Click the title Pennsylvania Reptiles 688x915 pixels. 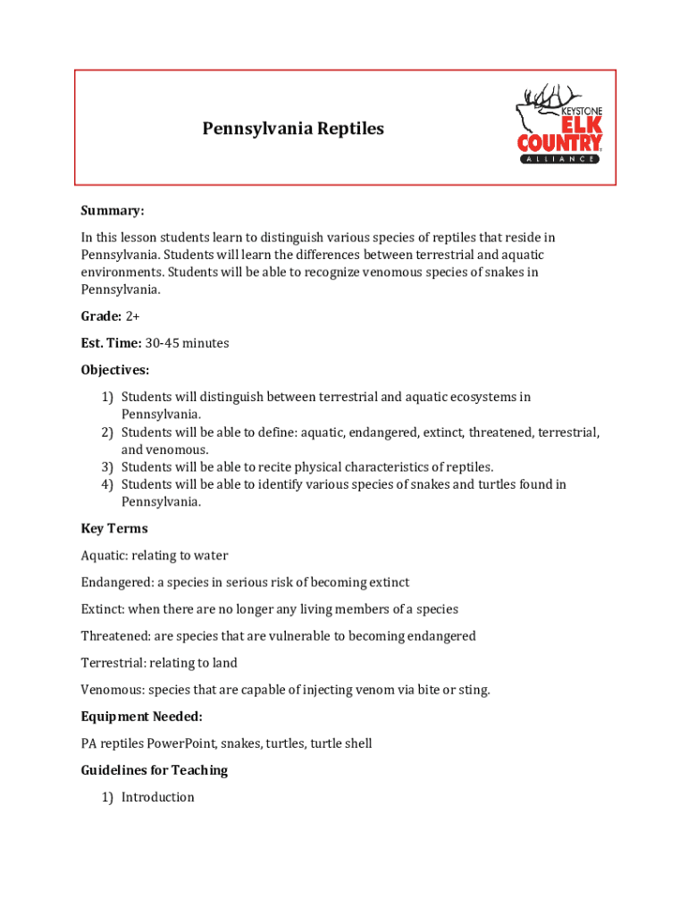pos(293,129)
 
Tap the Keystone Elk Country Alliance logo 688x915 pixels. pos(559,125)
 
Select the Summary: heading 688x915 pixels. pos(113,211)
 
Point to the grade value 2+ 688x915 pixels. pos(132,316)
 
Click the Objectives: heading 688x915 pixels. pos(115,370)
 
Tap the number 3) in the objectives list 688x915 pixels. pos(107,466)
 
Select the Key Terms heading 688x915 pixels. pos(114,529)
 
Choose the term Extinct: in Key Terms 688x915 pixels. pos(103,609)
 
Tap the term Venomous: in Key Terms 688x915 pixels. pos(113,690)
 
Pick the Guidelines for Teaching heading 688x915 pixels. pos(155,770)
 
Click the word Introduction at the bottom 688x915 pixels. pos(158,797)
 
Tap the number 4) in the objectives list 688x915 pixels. pos(107,484)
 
